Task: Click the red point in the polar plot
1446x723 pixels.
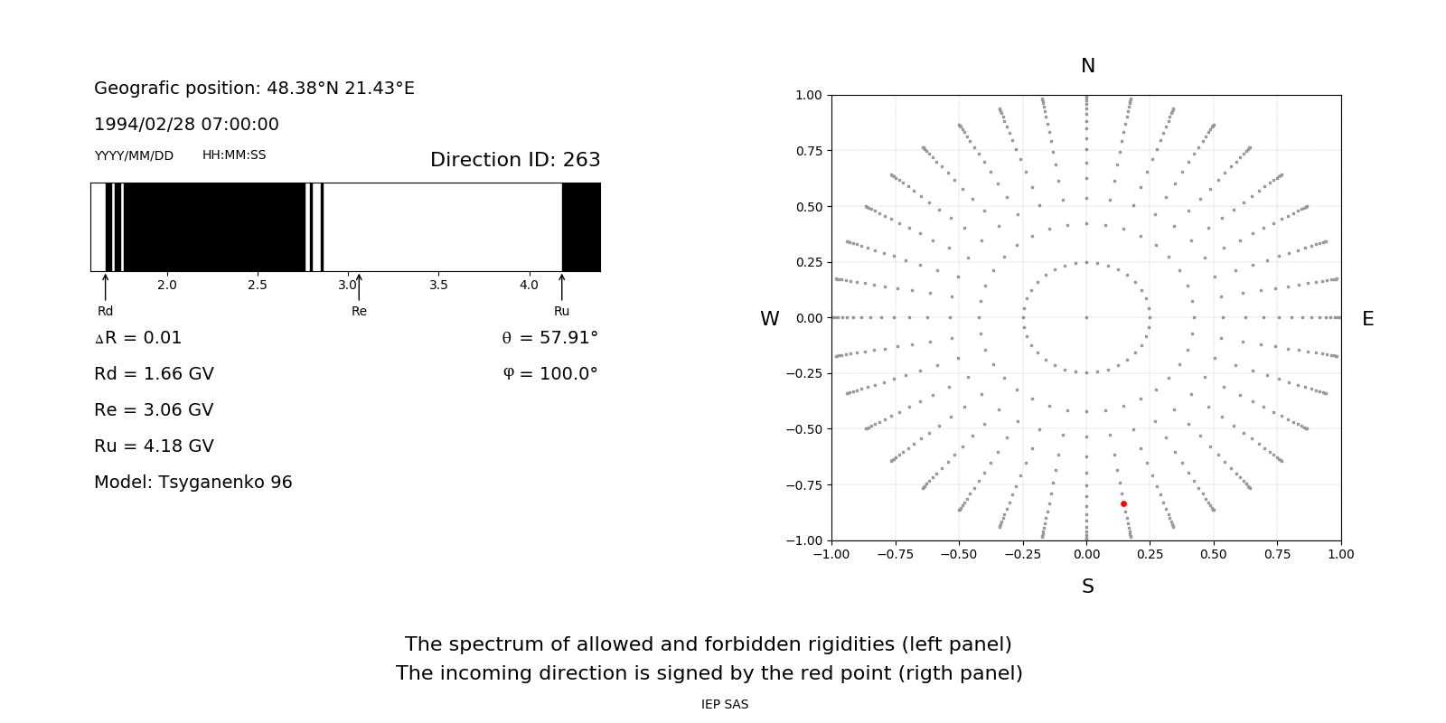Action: coord(1123,503)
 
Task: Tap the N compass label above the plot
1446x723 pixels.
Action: coord(1087,66)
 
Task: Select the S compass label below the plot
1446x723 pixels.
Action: coord(1087,587)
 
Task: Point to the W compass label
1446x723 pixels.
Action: coord(769,319)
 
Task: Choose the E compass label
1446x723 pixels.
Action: coord(1367,319)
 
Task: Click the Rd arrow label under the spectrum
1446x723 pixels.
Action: coord(106,311)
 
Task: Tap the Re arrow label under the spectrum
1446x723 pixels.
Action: coord(359,311)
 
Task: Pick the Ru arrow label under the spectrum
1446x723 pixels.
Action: coord(561,311)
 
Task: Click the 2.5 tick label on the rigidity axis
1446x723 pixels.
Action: coord(258,285)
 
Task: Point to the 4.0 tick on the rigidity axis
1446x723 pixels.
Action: coord(529,285)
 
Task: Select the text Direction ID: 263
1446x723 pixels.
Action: coord(515,160)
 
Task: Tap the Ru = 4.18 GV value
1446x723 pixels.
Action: coord(154,446)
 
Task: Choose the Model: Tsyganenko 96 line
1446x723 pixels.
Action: coord(193,483)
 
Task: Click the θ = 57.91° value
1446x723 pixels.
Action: coord(550,338)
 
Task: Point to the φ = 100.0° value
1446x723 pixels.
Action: coord(550,374)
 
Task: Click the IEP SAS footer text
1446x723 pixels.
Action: coord(725,704)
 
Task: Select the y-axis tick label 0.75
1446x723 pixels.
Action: coord(808,151)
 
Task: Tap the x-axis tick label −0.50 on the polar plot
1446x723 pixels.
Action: coord(958,554)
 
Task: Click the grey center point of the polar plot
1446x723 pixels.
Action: coord(1086,317)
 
